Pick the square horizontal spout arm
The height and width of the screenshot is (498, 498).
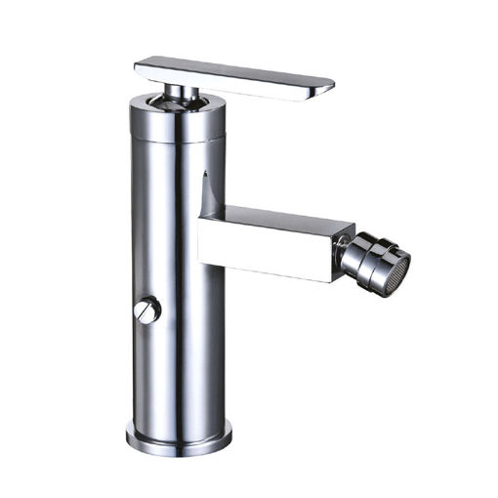273,239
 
